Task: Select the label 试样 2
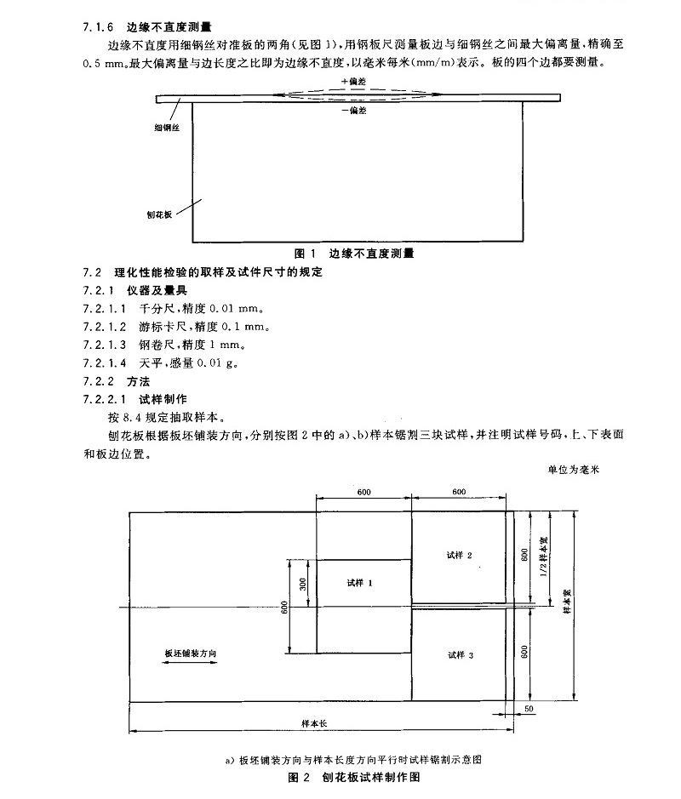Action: coord(459,554)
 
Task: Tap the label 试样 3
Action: coord(459,654)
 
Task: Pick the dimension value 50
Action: coord(529,708)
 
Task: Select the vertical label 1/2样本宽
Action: coord(543,557)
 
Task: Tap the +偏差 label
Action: coord(352,82)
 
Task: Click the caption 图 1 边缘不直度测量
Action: coord(353,254)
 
